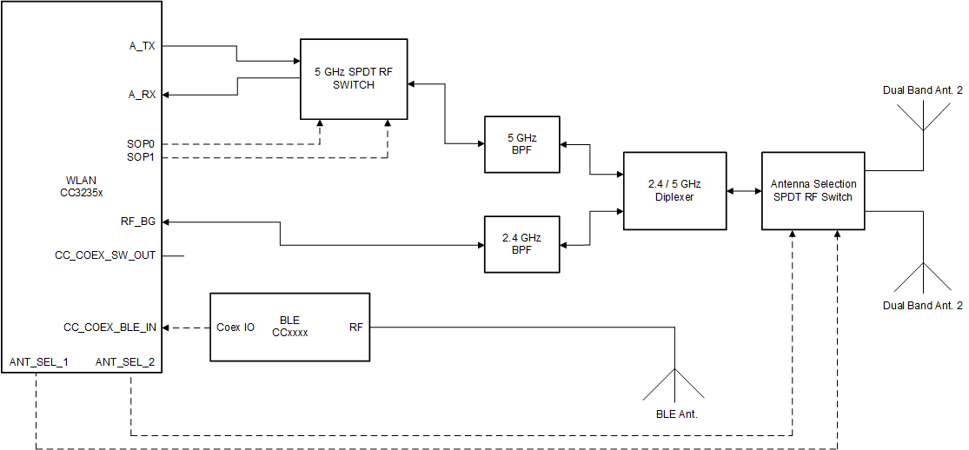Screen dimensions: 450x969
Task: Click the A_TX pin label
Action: pos(143,46)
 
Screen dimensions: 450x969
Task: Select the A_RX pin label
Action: pos(143,95)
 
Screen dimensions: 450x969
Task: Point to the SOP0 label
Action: pos(142,143)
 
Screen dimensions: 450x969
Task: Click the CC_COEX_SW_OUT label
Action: pos(105,255)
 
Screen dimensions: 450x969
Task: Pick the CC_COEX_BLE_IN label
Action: pos(110,328)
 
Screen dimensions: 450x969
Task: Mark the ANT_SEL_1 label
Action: pos(39,361)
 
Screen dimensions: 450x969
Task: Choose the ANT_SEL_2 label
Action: pos(125,361)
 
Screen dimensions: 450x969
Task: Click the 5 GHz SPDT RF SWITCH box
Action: pos(354,79)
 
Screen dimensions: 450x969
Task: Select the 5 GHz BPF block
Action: pos(521,143)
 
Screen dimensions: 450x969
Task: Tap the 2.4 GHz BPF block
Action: pos(521,243)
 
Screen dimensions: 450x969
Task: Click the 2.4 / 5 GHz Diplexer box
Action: pos(674,190)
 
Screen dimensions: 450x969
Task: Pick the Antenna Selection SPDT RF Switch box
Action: pos(813,190)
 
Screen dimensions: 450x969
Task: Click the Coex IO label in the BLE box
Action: pos(235,328)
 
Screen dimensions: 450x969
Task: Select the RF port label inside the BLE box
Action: pos(356,328)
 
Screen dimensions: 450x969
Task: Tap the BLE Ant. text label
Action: pos(676,414)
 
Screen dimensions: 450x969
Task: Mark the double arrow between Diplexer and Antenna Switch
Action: pos(744,190)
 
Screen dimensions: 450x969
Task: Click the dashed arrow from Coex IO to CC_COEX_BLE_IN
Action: pos(187,328)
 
